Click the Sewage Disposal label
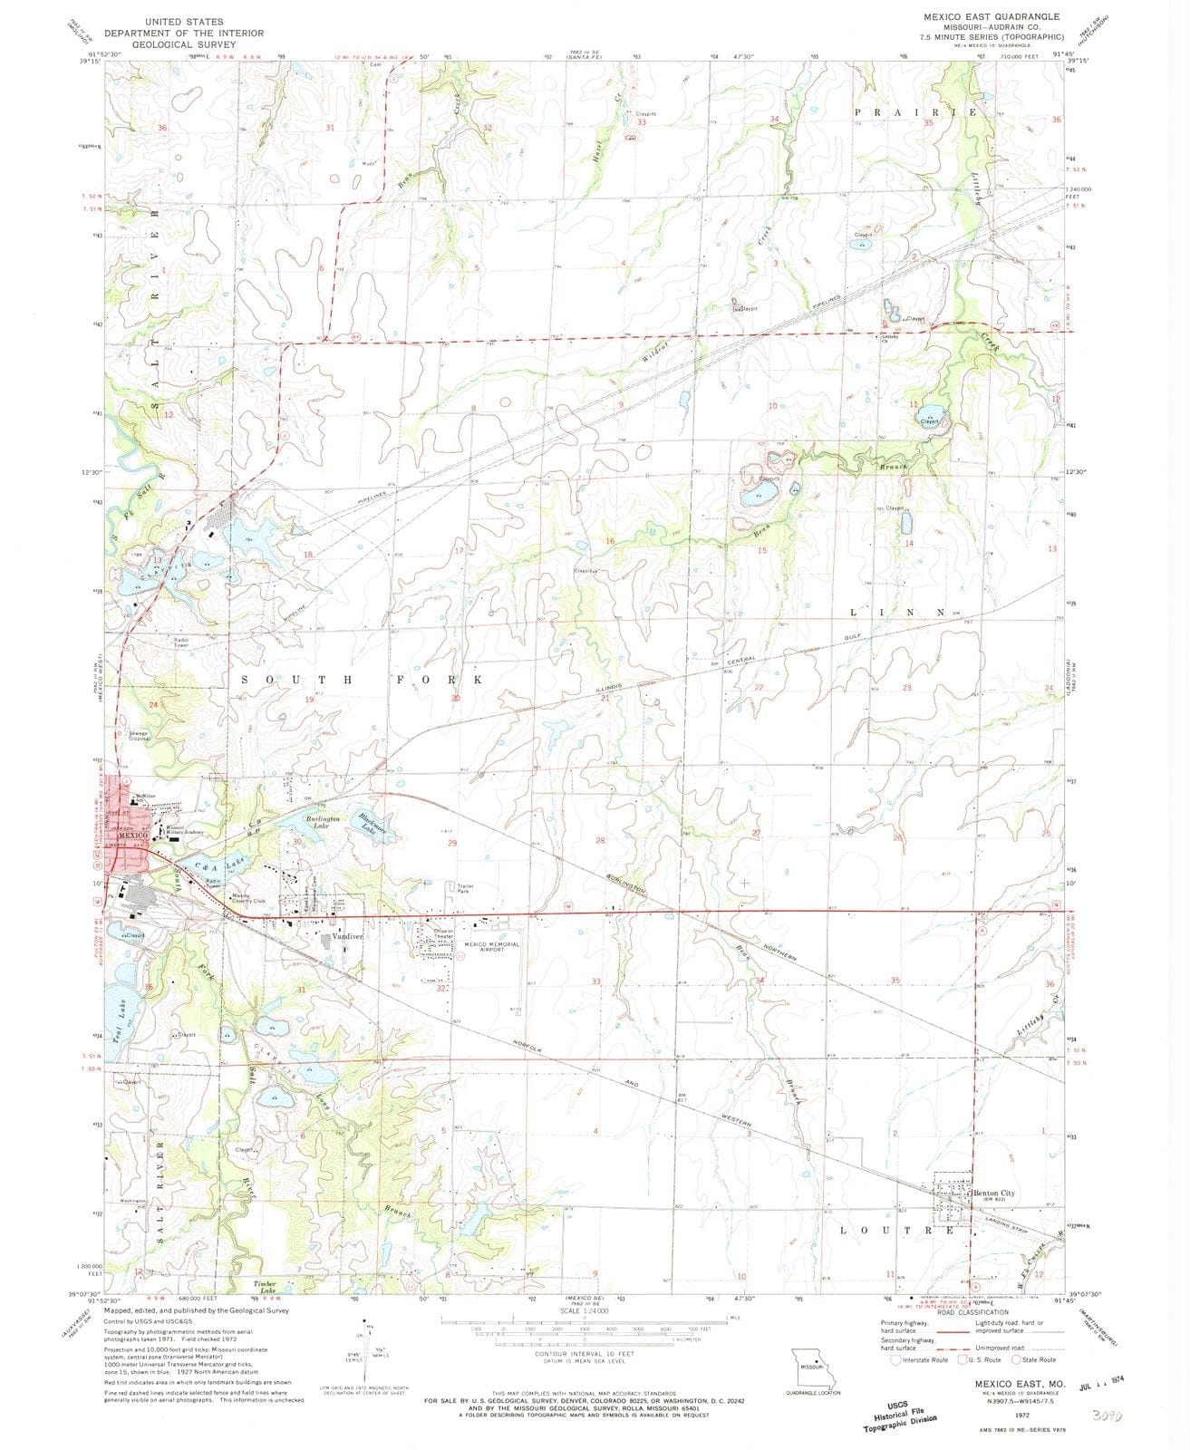click(137, 736)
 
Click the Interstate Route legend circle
click(896, 1359)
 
